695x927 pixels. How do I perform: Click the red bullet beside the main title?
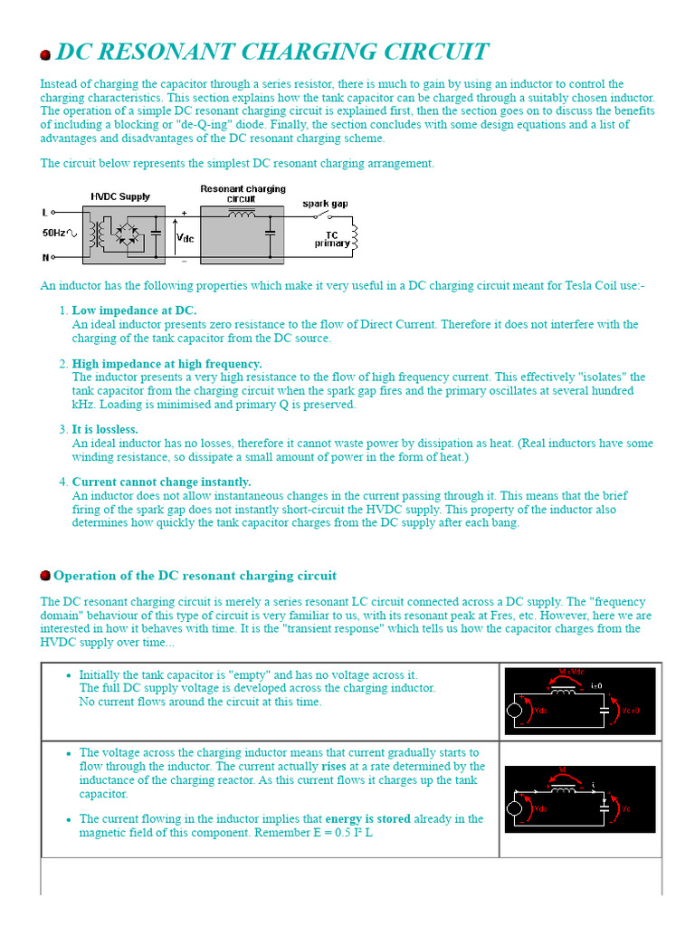tap(45, 54)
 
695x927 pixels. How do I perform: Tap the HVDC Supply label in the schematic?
tap(120, 196)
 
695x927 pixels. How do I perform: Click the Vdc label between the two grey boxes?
tap(185, 238)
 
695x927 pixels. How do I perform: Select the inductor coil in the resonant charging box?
tap(242, 215)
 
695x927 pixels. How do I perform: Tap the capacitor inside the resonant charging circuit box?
tap(270, 234)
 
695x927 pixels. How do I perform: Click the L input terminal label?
tap(44, 213)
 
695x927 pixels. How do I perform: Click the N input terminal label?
tap(44, 257)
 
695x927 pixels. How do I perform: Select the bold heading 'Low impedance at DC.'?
tap(134, 311)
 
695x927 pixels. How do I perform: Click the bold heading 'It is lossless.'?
tap(105, 429)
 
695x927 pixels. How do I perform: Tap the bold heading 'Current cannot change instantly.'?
tap(161, 482)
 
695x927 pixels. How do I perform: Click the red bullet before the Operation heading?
tap(45, 576)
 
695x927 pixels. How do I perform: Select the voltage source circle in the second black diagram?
tap(515, 808)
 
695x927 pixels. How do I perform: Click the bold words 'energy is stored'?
tap(367, 818)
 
